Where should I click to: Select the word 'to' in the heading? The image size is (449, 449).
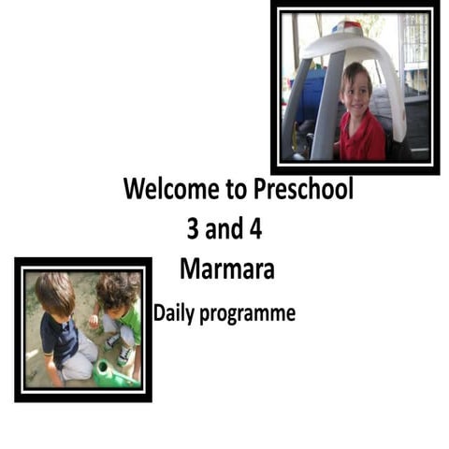(x=235, y=191)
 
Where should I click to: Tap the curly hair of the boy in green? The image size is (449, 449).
(x=116, y=289)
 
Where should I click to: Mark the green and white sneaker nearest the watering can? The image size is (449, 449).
(x=123, y=354)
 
